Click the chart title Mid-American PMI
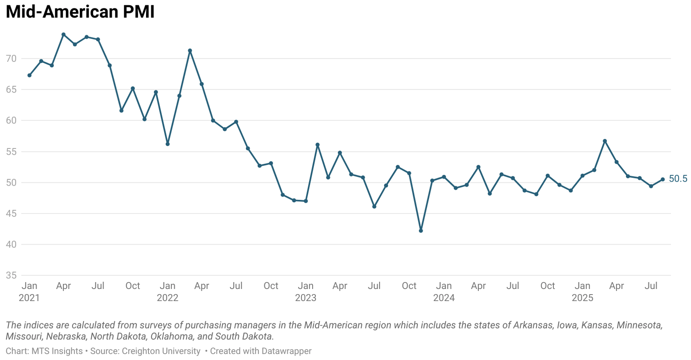(80, 12)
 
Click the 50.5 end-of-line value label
(678, 179)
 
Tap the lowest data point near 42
(421, 231)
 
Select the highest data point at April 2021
(63, 35)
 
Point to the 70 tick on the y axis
(11, 59)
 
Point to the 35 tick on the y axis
(11, 275)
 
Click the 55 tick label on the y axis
(11, 152)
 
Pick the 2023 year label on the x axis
(305, 298)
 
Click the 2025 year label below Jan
(582, 298)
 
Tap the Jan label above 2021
(29, 286)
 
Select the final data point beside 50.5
(662, 180)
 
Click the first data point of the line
(29, 75)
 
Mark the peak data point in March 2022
(190, 51)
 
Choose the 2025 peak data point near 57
(605, 141)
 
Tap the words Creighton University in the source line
(161, 351)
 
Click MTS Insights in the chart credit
(57, 351)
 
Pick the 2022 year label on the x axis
(167, 298)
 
